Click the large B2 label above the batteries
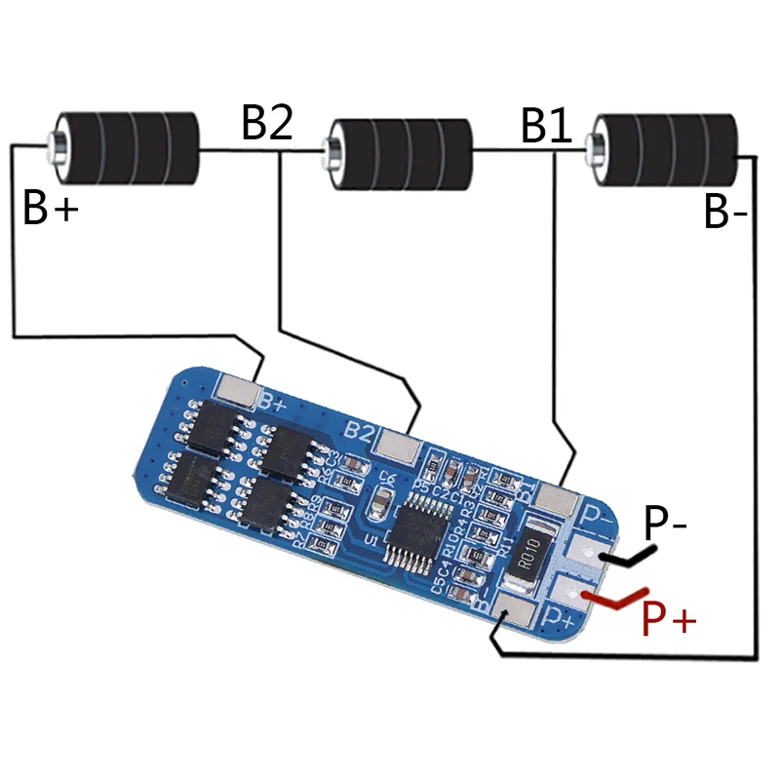[267, 124]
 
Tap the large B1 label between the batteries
[546, 126]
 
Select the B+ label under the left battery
[50, 208]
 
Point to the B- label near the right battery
[725, 213]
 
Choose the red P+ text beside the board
[668, 618]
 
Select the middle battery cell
[402, 154]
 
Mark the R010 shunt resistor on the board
[527, 561]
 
